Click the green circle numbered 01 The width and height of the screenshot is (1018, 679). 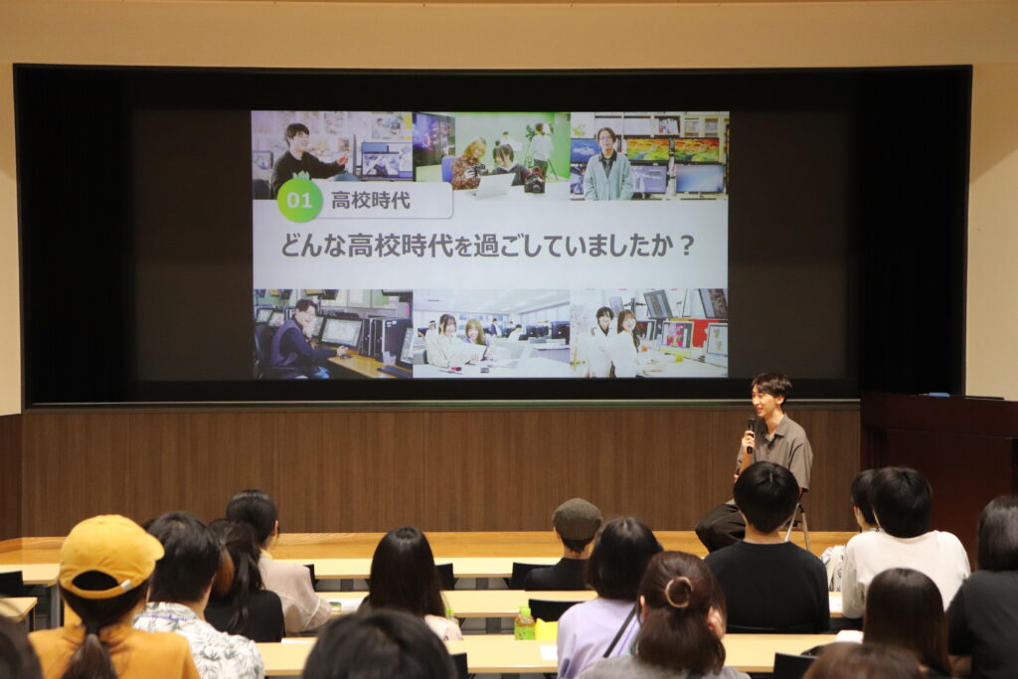(x=299, y=200)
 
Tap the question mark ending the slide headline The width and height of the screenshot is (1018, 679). (x=687, y=246)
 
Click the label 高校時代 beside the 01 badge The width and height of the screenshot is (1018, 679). (x=371, y=200)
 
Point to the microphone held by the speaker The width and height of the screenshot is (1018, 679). (x=751, y=431)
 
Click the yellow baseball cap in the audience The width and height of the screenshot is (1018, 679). (x=108, y=555)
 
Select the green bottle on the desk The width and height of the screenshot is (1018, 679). (x=524, y=623)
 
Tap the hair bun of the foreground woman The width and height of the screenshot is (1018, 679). (x=678, y=592)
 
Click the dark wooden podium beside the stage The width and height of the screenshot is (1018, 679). (x=938, y=454)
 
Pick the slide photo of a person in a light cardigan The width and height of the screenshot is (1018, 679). (x=649, y=156)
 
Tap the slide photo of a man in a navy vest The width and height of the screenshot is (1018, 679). (x=333, y=334)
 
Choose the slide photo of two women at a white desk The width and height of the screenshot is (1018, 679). (x=491, y=334)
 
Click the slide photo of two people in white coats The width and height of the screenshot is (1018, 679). (x=648, y=333)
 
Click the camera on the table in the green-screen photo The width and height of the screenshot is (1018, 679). (x=534, y=181)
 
